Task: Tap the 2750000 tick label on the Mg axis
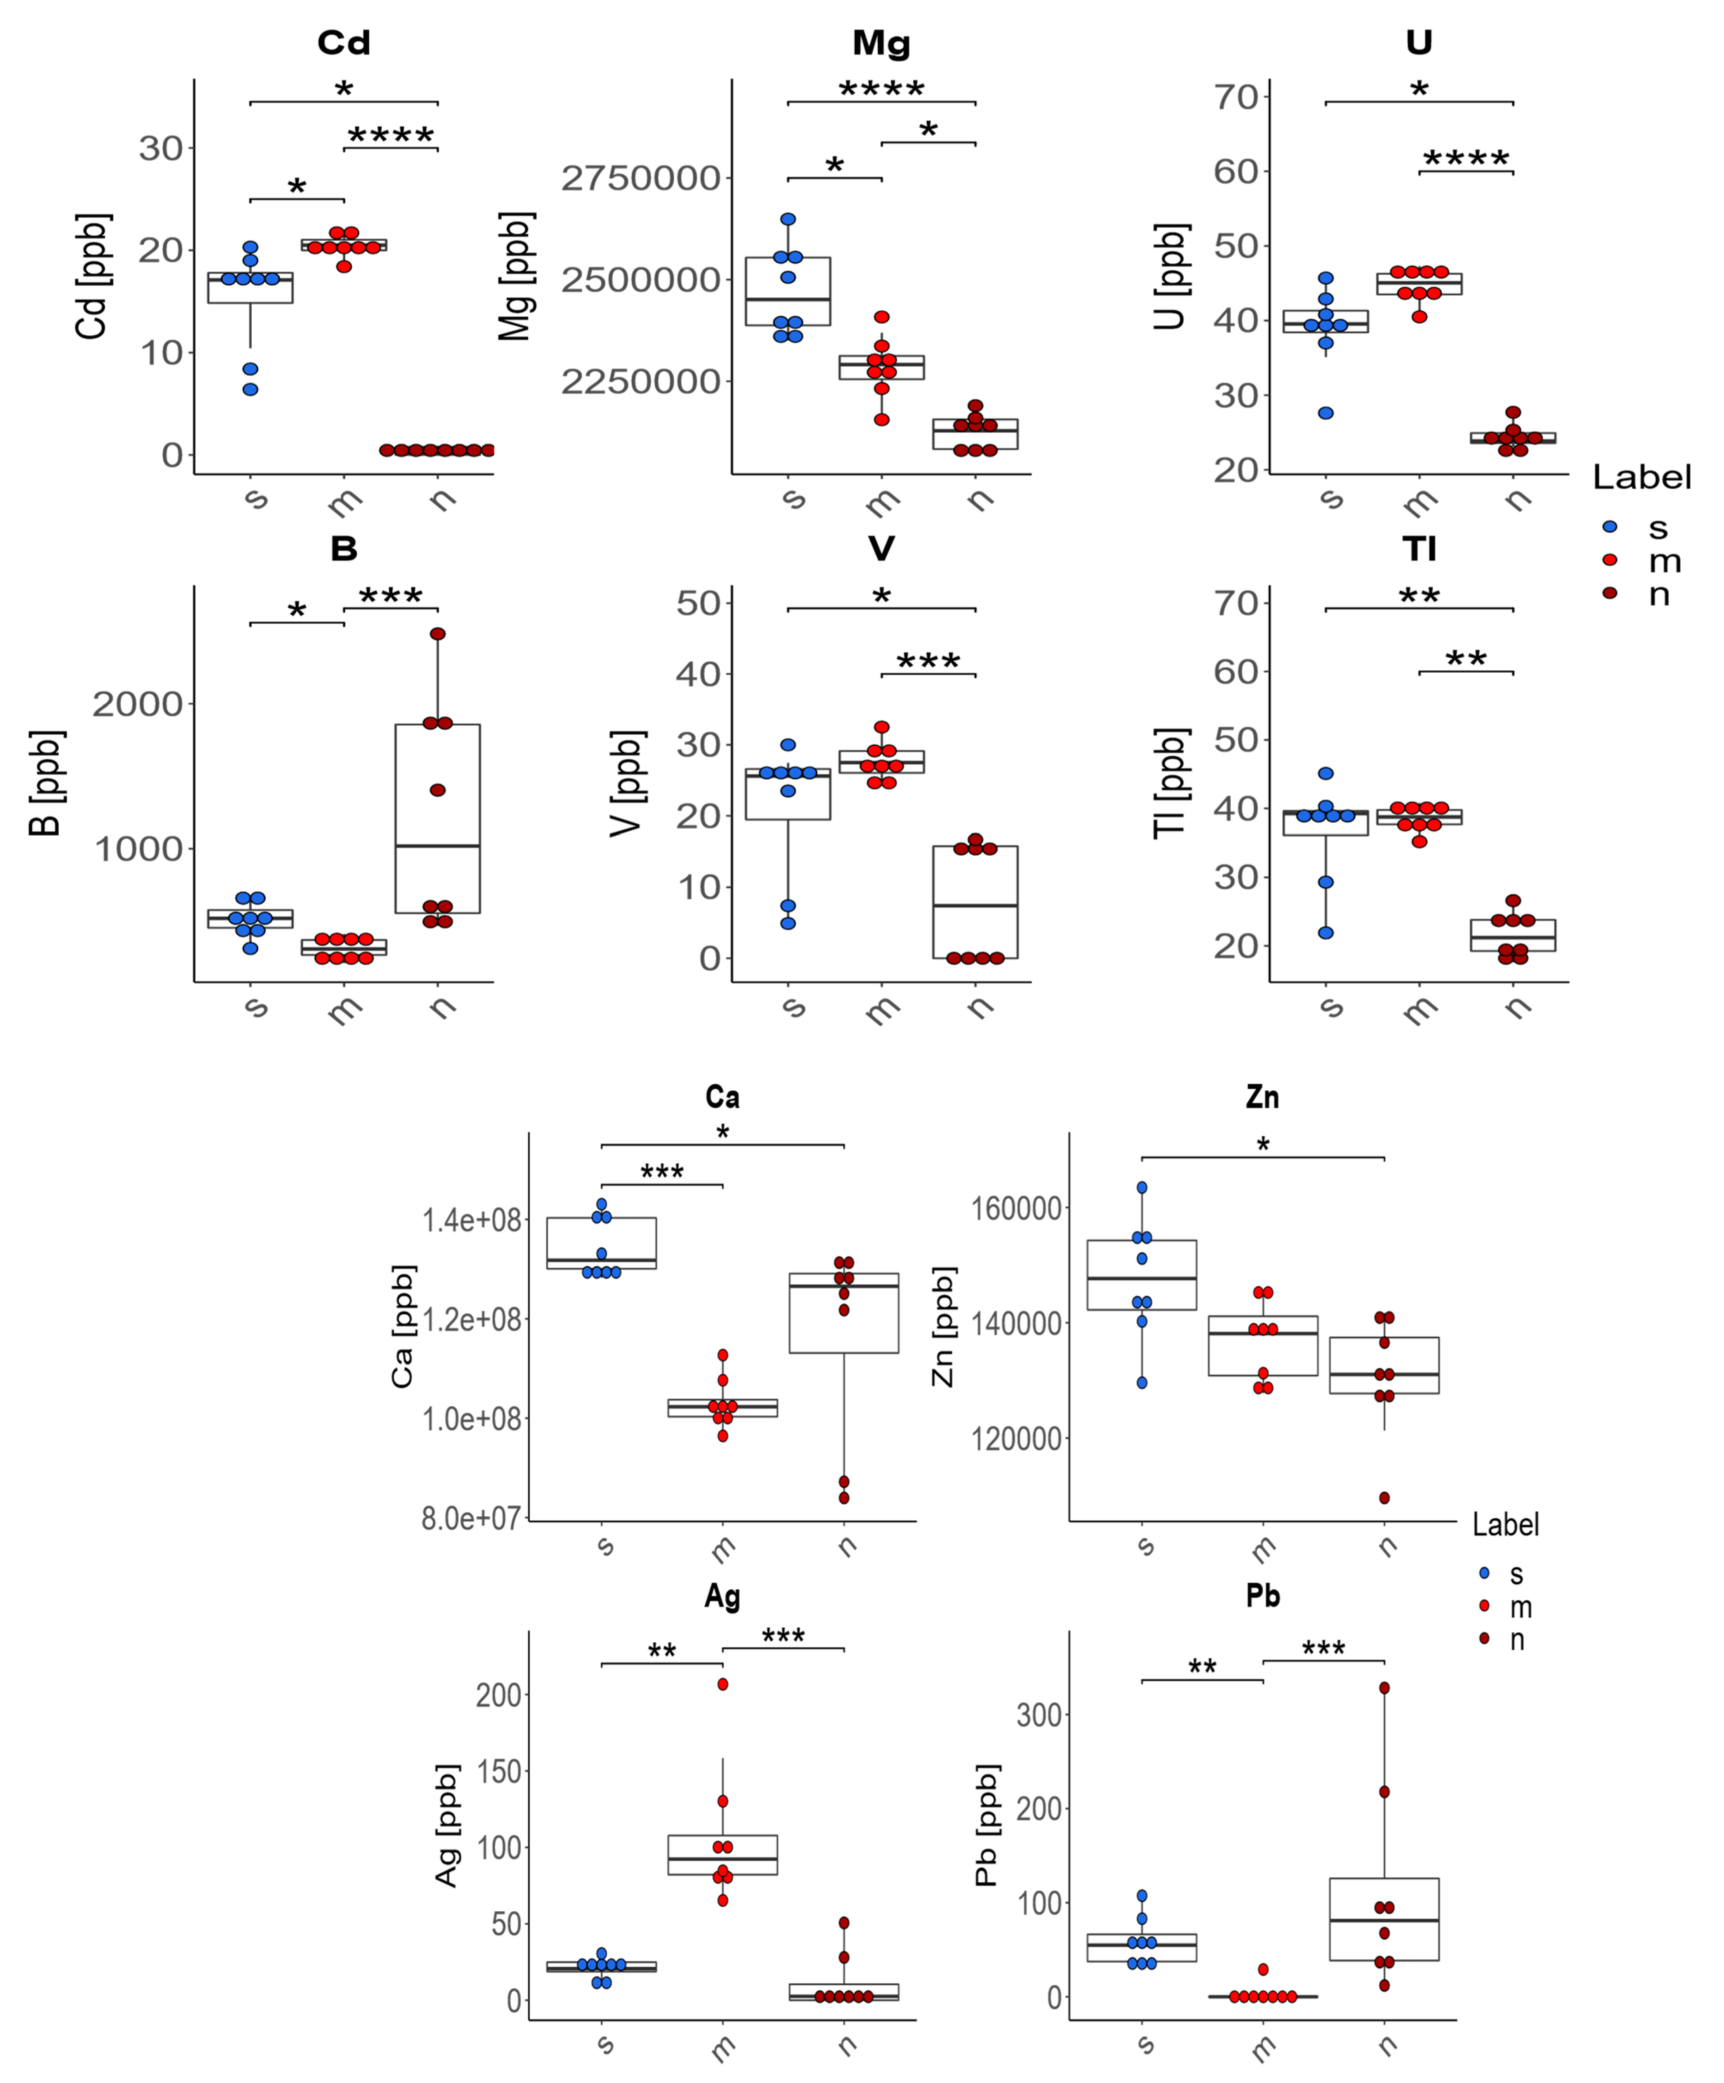pos(641,178)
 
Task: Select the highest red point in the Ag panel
pos(723,1684)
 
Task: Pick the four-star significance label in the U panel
pos(1466,159)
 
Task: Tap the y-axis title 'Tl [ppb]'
pos(1170,784)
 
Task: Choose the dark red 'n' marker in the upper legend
pos(1610,593)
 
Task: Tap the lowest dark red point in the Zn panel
pos(1385,1498)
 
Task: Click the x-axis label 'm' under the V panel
pos(882,1010)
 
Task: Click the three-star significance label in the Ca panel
pos(662,1172)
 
